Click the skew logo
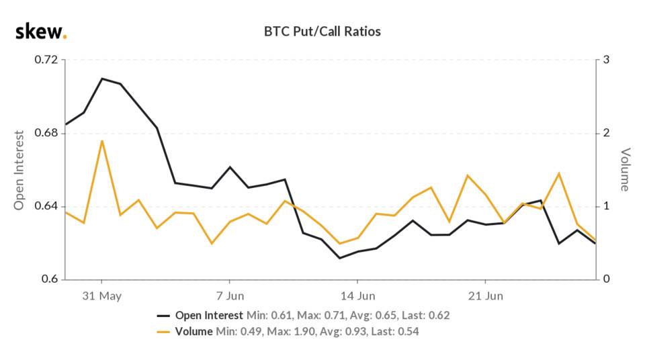pyautogui.click(x=41, y=31)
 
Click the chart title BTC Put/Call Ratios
pyautogui.click(x=323, y=32)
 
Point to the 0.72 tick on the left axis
pyautogui.click(x=46, y=60)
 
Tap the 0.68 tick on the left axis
pyautogui.click(x=46, y=133)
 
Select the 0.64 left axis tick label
pyautogui.click(x=46, y=206)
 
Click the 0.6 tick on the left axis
pyautogui.click(x=50, y=279)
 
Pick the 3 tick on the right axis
pyautogui.click(x=606, y=60)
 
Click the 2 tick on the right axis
pyautogui.click(x=606, y=133)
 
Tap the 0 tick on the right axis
pyautogui.click(x=606, y=279)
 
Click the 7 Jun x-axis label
pyautogui.click(x=230, y=296)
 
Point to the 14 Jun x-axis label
pyautogui.click(x=357, y=296)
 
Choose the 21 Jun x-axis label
pyautogui.click(x=485, y=296)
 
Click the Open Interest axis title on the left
pyautogui.click(x=19, y=170)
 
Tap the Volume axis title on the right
pyautogui.click(x=625, y=170)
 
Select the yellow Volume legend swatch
pyautogui.click(x=164, y=331)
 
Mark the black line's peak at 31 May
pyautogui.click(x=102, y=79)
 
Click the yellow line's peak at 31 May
pyautogui.click(x=102, y=140)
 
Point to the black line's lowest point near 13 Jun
pyautogui.click(x=339, y=258)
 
